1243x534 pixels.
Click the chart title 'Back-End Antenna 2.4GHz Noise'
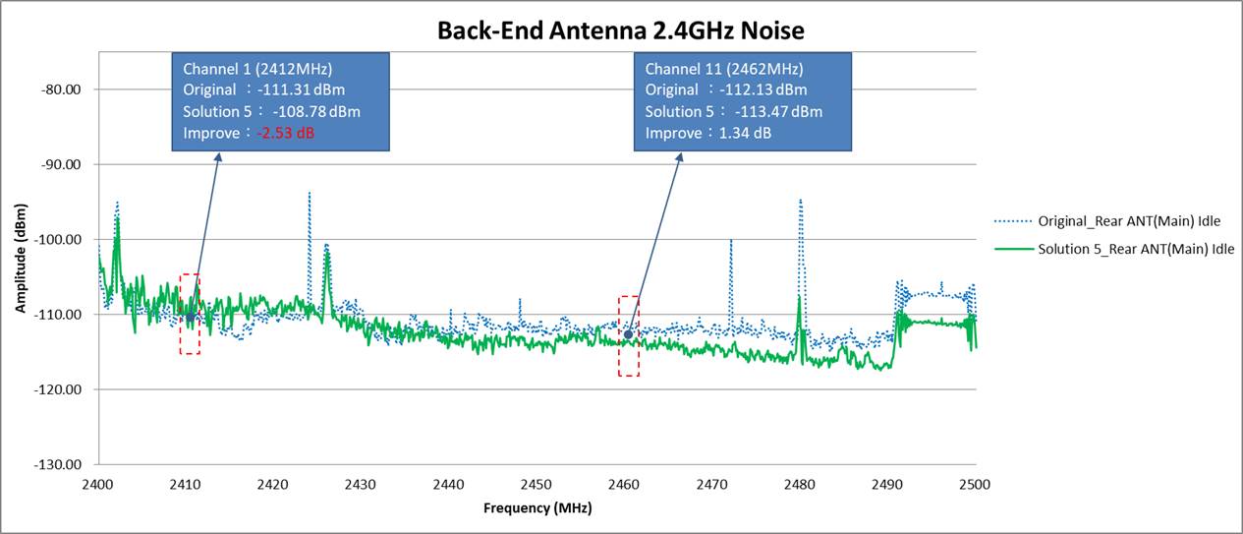point(621,30)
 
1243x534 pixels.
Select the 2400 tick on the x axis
point(97,484)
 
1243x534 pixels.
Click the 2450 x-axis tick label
point(537,484)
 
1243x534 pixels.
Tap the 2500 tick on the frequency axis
point(975,484)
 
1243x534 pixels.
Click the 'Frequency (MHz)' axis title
point(537,508)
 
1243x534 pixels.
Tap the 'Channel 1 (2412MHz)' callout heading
point(257,69)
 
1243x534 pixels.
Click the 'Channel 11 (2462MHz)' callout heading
point(723,69)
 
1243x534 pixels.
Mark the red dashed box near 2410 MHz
point(190,314)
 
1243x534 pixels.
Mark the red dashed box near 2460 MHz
point(628,335)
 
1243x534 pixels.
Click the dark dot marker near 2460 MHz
point(628,335)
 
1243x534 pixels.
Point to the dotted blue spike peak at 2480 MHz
point(800,201)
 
